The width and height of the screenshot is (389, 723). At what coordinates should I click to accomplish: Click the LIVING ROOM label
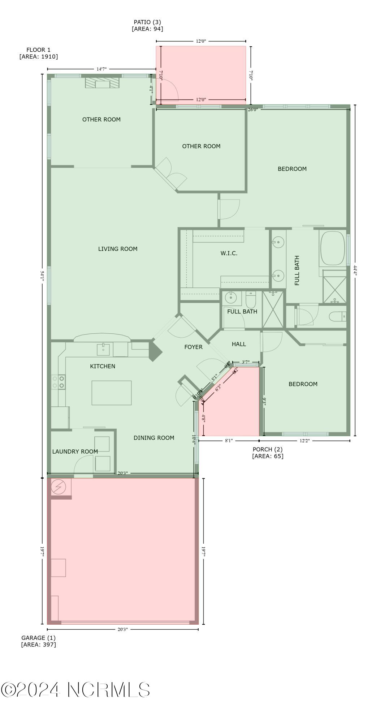(x=118, y=249)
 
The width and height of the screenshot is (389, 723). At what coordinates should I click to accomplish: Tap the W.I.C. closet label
(x=229, y=253)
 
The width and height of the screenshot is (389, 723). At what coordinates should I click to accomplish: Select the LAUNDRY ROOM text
(x=75, y=452)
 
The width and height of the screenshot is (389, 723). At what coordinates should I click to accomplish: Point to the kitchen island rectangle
(x=111, y=393)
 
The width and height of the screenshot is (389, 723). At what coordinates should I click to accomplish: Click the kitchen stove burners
(x=58, y=382)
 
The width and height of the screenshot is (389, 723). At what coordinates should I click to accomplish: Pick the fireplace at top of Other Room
(x=102, y=83)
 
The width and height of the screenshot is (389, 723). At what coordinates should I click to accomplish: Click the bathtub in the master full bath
(x=333, y=248)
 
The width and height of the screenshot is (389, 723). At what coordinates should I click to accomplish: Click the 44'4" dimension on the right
(x=355, y=270)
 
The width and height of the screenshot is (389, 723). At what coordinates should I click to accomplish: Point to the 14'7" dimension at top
(x=101, y=69)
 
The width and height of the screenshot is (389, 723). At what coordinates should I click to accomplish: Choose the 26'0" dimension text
(x=253, y=110)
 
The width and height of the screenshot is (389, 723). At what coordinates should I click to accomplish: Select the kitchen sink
(x=103, y=350)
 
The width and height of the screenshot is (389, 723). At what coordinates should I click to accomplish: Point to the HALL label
(x=239, y=344)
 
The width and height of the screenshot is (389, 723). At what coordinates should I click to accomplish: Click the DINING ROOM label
(x=154, y=438)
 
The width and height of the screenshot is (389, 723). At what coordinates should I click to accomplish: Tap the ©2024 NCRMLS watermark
(x=75, y=690)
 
